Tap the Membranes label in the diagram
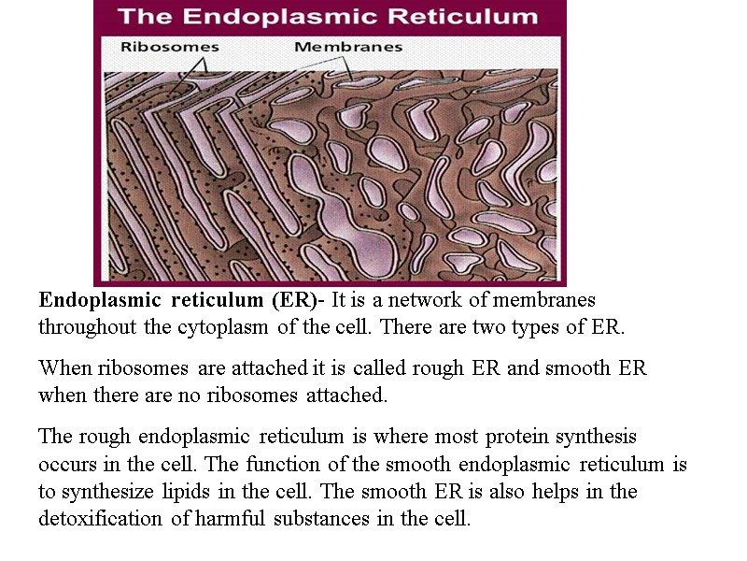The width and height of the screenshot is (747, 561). point(348,47)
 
